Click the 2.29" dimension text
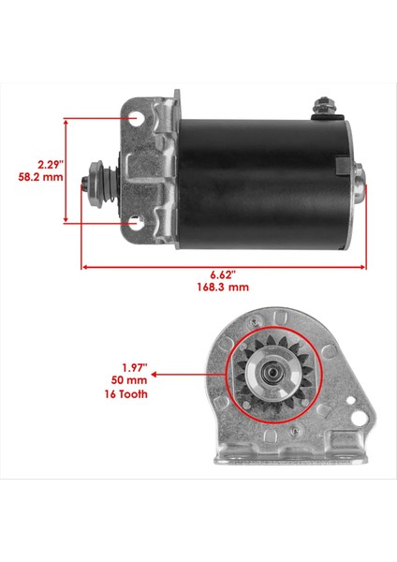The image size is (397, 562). [x=36, y=162]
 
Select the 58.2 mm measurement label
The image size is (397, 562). [x=35, y=176]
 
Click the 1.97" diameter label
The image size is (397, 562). [x=122, y=367]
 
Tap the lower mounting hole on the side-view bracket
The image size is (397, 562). [x=139, y=223]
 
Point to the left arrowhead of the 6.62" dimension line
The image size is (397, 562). [x=87, y=265]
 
